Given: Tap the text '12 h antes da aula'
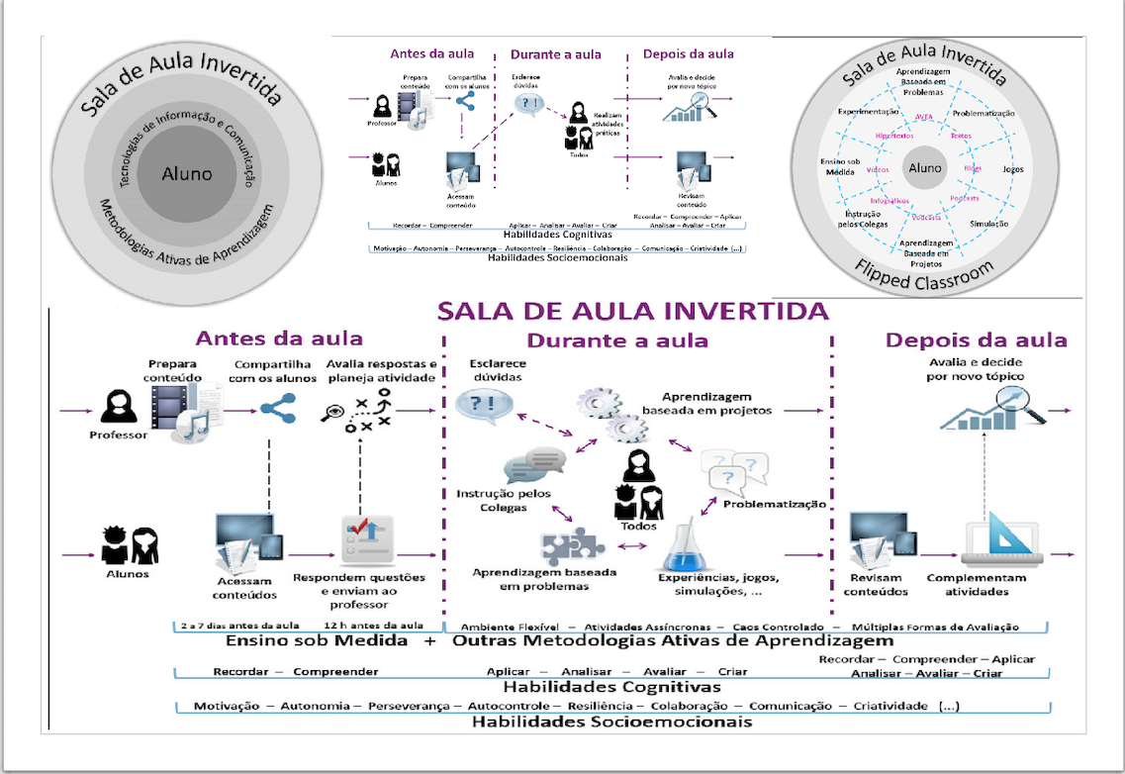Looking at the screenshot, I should [x=373, y=626].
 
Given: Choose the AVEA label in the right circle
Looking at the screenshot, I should [x=925, y=116].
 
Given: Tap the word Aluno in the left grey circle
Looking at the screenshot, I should [x=187, y=173].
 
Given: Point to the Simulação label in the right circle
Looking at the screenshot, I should [x=989, y=224].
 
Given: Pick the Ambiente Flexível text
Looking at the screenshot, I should [x=511, y=626].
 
